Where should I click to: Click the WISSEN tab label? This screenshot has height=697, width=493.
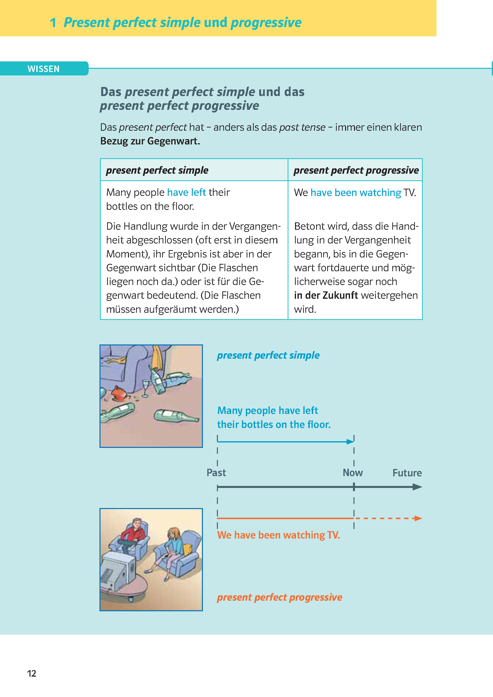pos(43,69)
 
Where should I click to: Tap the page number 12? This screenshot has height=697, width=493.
pos(32,673)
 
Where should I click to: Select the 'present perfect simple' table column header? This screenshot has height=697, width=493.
pos(157,170)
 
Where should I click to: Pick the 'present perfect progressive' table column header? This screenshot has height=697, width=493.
pos(356,170)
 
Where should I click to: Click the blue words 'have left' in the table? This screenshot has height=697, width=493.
pos(186,192)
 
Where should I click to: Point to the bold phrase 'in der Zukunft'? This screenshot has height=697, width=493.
pos(326,295)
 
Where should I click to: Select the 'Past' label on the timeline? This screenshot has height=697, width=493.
pos(216,473)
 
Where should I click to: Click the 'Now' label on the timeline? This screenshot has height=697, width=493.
pos(352,473)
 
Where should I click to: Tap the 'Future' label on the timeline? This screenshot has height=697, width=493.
pos(407,473)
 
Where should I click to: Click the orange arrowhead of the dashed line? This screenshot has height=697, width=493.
pos(418,518)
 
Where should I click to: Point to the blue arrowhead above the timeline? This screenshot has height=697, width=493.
pos(350,442)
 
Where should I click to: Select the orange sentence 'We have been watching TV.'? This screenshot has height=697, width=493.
pos(278,535)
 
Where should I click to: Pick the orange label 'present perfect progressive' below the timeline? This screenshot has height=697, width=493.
pos(279,597)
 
